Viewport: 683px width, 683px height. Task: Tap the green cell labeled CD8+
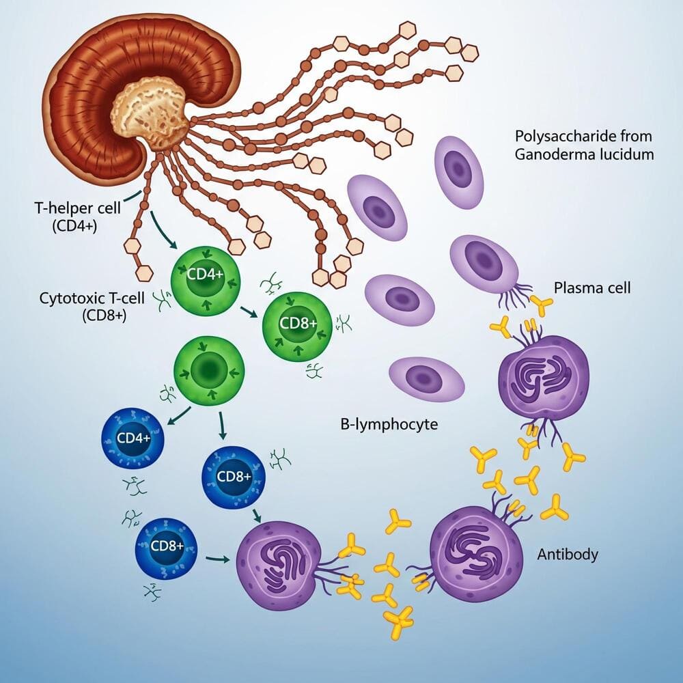click(296, 324)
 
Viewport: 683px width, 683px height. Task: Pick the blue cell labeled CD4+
click(133, 438)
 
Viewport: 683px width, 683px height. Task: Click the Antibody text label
click(568, 553)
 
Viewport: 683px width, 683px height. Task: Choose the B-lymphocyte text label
click(389, 424)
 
